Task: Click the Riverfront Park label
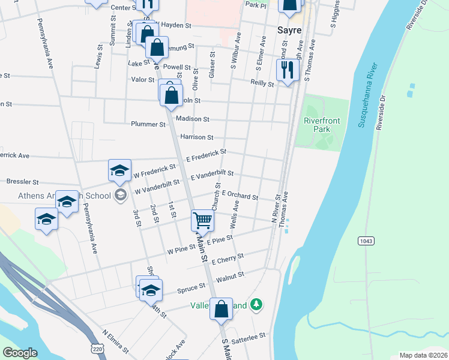coord(322,125)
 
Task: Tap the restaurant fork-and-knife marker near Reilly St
coord(287,70)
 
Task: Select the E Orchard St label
coord(240,196)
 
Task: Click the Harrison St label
coord(197,138)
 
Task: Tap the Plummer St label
coord(148,125)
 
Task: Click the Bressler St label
coord(22,181)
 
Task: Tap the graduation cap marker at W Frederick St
coord(119,170)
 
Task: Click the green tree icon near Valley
coord(256,305)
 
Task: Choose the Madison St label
coord(193,120)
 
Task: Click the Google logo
coord(20,353)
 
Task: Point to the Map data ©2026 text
coord(423,355)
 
